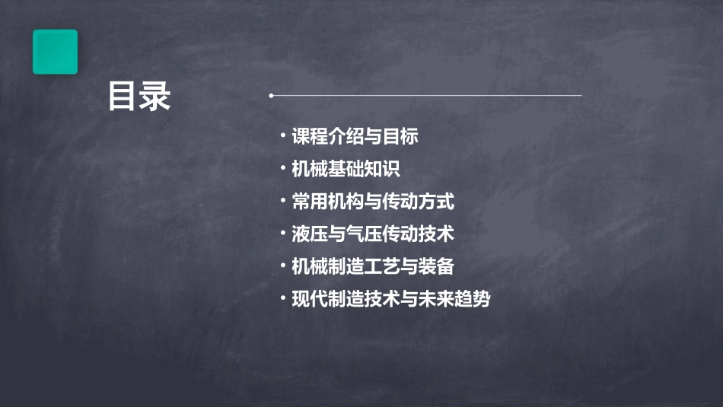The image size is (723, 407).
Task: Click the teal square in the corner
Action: pyautogui.click(x=55, y=52)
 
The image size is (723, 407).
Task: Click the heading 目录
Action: pyautogui.click(x=139, y=97)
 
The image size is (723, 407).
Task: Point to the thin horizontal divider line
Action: pyautogui.click(x=426, y=96)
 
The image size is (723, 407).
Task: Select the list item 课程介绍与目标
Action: pyautogui.click(x=355, y=137)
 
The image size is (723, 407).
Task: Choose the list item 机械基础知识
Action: pyautogui.click(x=346, y=169)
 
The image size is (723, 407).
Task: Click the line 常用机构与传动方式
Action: pyautogui.click(x=373, y=202)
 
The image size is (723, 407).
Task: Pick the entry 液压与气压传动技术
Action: pyautogui.click(x=373, y=234)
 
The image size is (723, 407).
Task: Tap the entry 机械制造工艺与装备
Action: pyautogui.click(x=373, y=266)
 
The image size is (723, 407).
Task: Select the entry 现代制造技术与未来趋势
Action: pyautogui.click(x=390, y=299)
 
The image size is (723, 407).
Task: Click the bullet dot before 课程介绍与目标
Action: pyautogui.click(x=282, y=136)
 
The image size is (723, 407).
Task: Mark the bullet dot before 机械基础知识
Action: pyautogui.click(x=282, y=168)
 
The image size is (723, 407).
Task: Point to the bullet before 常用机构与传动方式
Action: pyautogui.click(x=282, y=201)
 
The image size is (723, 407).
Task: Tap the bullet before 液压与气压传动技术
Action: pyautogui.click(x=282, y=233)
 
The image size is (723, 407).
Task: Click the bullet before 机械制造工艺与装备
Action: pyautogui.click(x=282, y=266)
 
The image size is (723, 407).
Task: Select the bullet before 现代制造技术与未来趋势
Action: pyautogui.click(x=282, y=298)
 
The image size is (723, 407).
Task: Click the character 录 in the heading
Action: pyautogui.click(x=155, y=97)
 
